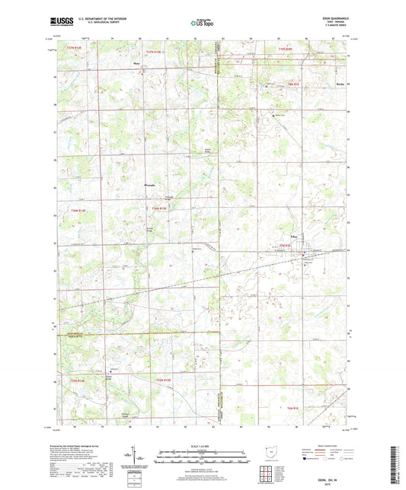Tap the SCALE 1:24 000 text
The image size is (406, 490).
tap(202, 446)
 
